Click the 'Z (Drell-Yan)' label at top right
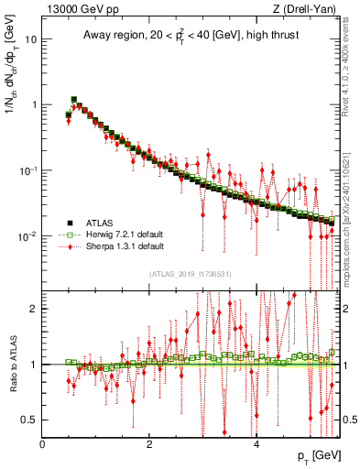(x=305, y=9)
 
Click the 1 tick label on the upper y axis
(x=34, y=104)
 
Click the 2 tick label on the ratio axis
(x=34, y=309)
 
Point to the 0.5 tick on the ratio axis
(x=29, y=420)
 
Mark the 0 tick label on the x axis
(x=43, y=446)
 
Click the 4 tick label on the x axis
(x=256, y=446)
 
